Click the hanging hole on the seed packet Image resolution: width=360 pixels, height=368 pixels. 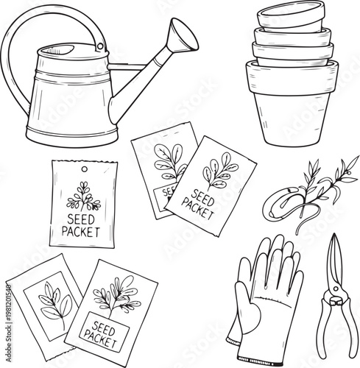click(x=83, y=171)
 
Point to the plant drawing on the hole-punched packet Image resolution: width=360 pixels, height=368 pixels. click(x=82, y=195)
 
